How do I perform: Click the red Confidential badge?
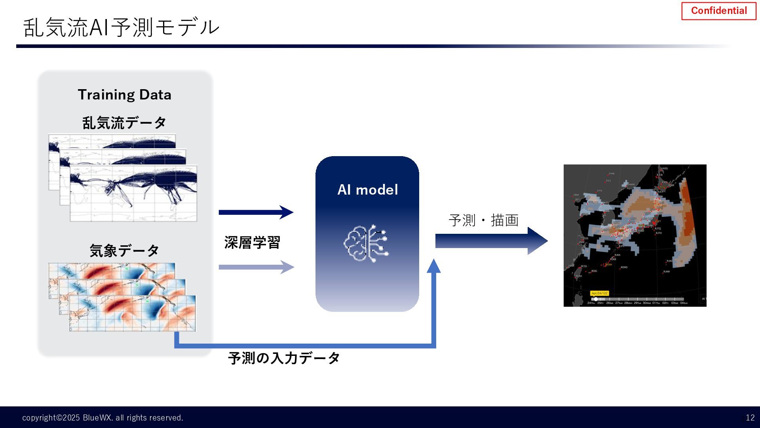[x=718, y=11]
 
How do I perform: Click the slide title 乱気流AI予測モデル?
[x=121, y=27]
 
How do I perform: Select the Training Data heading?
[x=125, y=95]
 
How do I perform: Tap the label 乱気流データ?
[x=124, y=123]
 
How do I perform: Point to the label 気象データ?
[x=124, y=250]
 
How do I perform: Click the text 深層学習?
[x=252, y=243]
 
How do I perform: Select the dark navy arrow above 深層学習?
[x=256, y=212]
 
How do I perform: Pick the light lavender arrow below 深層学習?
[x=256, y=267]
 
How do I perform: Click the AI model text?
[x=367, y=190]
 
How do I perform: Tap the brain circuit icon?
[x=366, y=243]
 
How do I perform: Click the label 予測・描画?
[x=483, y=220]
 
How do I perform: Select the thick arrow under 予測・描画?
[x=491, y=241]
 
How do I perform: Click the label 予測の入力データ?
[x=284, y=358]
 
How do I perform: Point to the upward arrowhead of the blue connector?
[x=434, y=266]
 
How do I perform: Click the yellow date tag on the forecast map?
[x=599, y=293]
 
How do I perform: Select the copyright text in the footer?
[x=103, y=418]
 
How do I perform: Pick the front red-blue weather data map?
[x=132, y=313]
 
